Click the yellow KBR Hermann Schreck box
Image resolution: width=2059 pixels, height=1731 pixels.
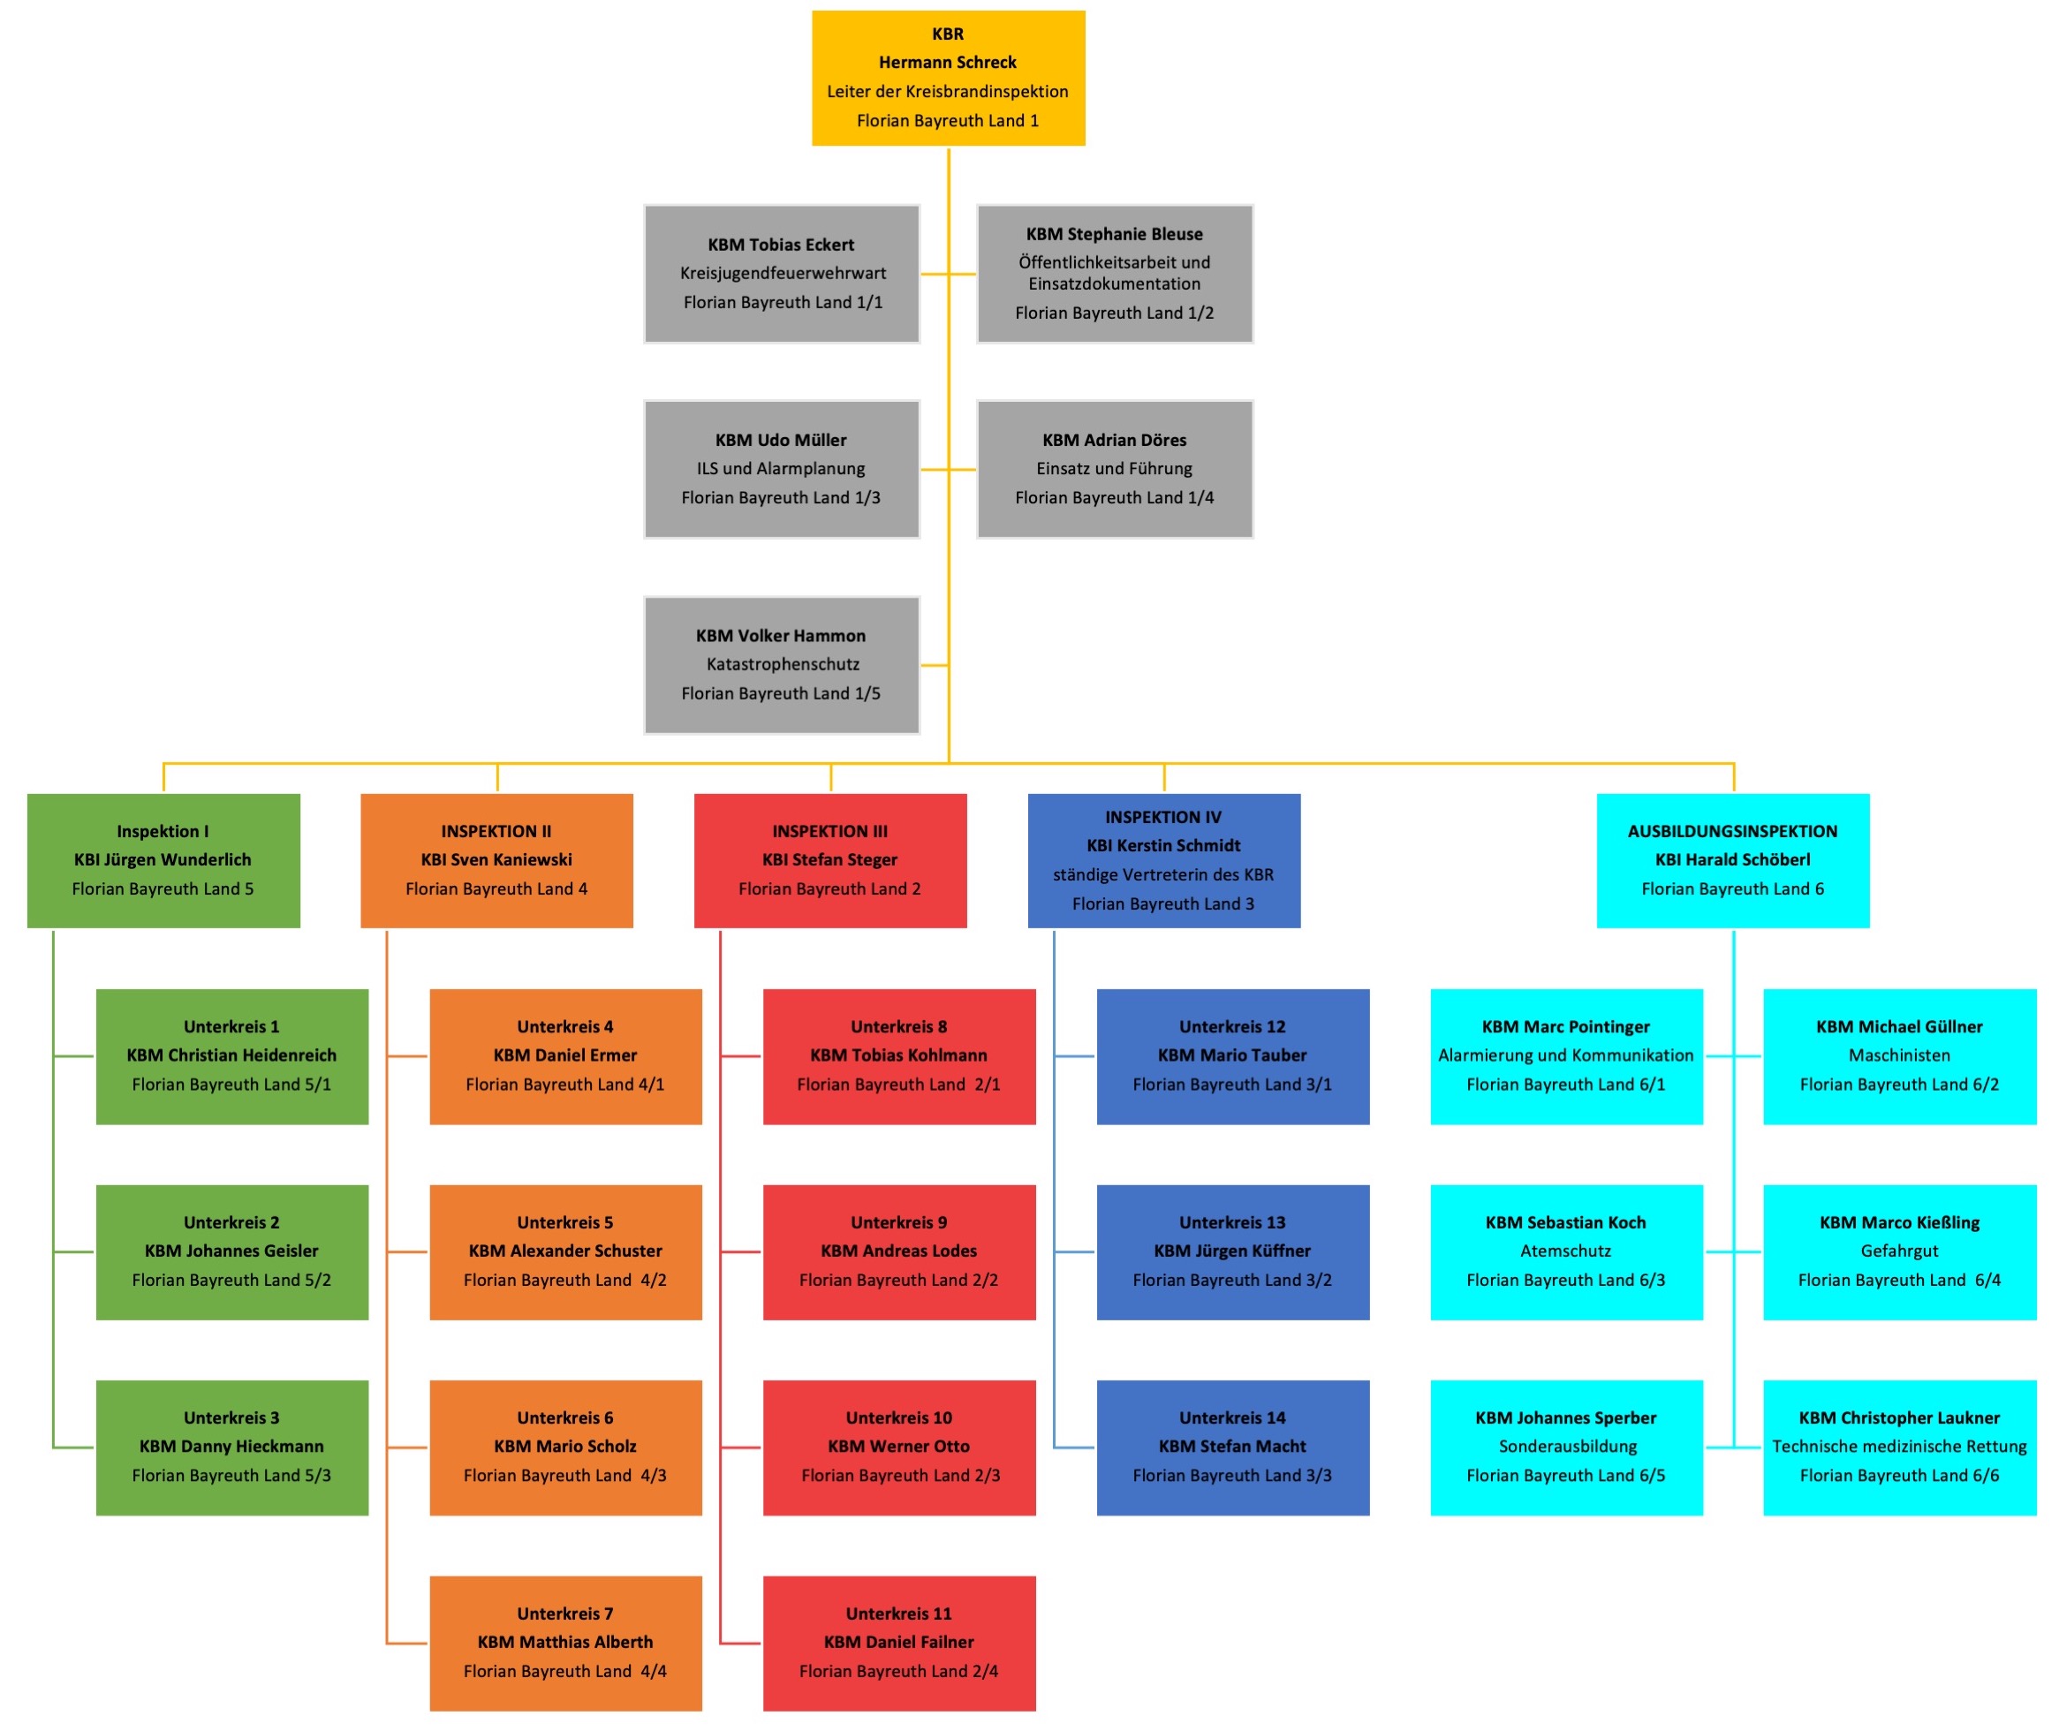[x=947, y=78]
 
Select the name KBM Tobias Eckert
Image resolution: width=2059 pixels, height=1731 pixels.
[x=780, y=245]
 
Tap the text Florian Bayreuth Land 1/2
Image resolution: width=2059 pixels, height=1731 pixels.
[x=1114, y=313]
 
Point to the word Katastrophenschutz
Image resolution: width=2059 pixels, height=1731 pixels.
[x=783, y=664]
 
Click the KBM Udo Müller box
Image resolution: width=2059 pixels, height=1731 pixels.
[x=781, y=469]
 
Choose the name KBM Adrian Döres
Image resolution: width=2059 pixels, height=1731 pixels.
[x=1114, y=440]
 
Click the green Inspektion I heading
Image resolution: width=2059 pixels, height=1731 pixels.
[x=163, y=831]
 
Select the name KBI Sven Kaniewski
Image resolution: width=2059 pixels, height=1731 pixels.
[x=496, y=859]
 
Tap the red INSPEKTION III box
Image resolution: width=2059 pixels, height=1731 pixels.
[x=829, y=860]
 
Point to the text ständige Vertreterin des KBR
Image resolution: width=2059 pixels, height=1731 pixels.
[x=1163, y=874]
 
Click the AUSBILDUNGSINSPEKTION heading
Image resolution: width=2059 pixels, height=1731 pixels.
[x=1732, y=831]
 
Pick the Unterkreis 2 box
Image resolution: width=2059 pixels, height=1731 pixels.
[x=231, y=1251]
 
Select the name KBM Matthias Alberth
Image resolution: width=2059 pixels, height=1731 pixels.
[x=565, y=1642]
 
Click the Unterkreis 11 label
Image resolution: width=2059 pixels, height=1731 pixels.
[x=898, y=1614]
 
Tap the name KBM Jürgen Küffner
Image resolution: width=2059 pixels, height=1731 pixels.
[x=1231, y=1251]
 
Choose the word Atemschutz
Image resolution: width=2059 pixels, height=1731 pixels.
[x=1565, y=1251]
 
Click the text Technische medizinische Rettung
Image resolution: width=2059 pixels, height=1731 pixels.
[x=1899, y=1446]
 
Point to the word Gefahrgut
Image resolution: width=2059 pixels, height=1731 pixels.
[x=1899, y=1251]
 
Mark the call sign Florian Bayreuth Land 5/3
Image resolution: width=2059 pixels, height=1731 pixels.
[x=231, y=1475]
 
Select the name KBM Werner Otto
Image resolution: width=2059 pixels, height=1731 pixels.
[x=898, y=1446]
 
